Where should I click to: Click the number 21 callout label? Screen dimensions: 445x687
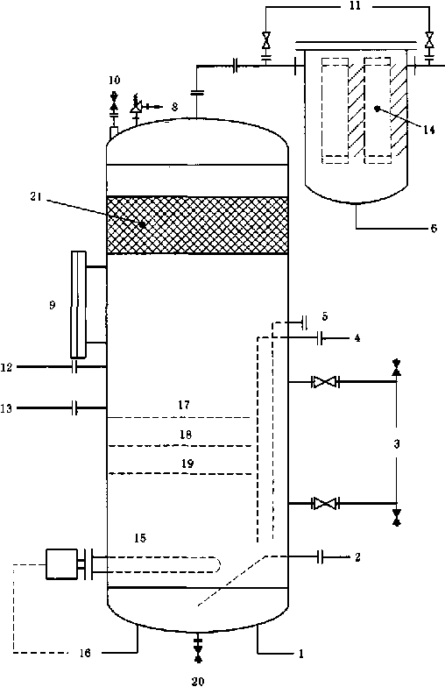[36, 196]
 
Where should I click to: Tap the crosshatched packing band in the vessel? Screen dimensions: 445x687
[198, 224]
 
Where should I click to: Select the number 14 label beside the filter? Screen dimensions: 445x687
[429, 130]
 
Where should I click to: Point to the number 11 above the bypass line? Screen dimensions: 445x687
[355, 7]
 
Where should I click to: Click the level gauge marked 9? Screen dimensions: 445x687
[79, 304]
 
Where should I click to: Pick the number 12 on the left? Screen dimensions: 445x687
[6, 367]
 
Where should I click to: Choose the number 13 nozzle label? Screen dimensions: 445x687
[6, 408]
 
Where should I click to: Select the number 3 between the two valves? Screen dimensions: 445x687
[396, 443]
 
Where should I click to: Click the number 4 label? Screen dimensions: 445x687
[357, 338]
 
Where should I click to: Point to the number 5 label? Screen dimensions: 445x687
[324, 315]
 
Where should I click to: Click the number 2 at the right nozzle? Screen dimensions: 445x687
[357, 557]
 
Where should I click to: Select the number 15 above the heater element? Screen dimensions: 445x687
[140, 538]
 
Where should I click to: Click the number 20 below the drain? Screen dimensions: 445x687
[198, 681]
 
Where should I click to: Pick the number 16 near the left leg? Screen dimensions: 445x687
[85, 654]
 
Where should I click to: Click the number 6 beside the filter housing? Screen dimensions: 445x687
[433, 228]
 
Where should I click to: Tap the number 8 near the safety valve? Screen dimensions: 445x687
[175, 107]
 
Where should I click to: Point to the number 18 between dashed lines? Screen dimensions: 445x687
[186, 435]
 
